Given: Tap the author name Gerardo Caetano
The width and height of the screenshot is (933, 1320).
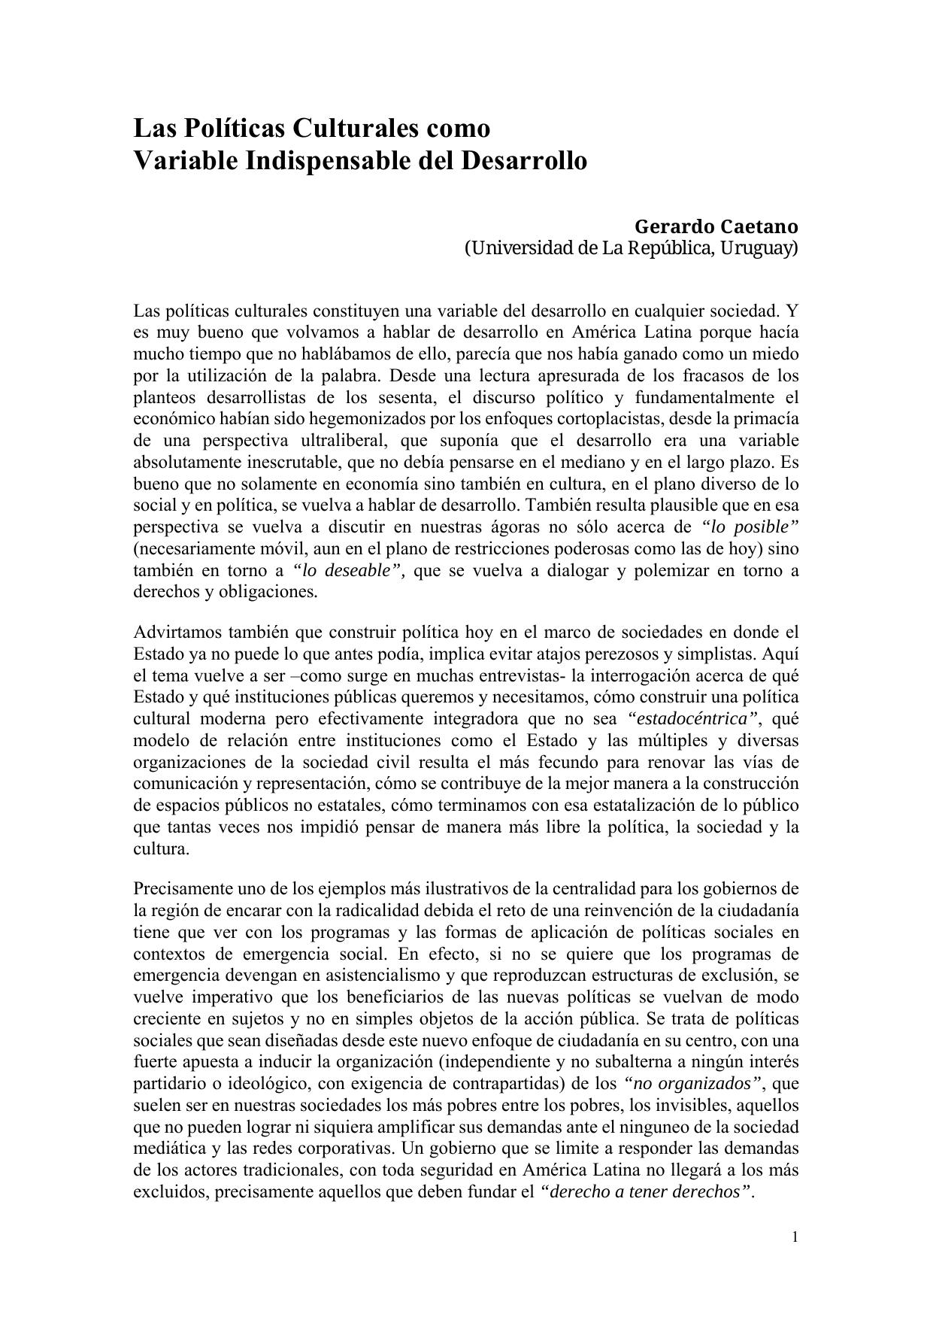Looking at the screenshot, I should tap(716, 226).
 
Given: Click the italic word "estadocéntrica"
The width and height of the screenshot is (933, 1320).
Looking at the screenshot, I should tap(692, 718).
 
